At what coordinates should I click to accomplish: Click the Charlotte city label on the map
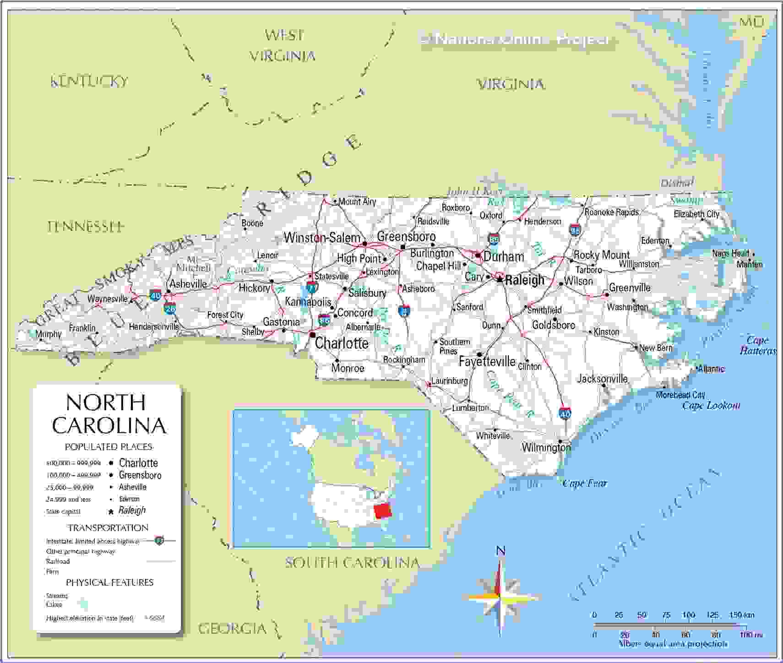point(342,343)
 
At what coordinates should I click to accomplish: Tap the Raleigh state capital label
point(525,280)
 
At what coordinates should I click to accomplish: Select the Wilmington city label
point(546,447)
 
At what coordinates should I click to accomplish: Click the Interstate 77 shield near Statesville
point(312,288)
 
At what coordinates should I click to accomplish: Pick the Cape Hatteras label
point(758,346)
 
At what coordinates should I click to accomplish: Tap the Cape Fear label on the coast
point(585,483)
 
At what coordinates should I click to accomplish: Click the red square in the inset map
point(383,511)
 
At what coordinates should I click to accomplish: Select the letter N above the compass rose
point(501,551)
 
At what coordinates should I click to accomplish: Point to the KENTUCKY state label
point(89,82)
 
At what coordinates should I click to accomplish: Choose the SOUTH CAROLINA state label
point(352,562)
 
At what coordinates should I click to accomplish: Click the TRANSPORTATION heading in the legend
point(108,527)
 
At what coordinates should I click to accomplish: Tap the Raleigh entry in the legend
point(132,510)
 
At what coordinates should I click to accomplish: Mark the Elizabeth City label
point(696,214)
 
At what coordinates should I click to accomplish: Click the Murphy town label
point(48,334)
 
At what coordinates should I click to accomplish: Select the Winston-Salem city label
point(322,238)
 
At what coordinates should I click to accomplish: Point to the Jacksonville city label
point(602,379)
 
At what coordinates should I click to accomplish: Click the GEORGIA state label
point(232,628)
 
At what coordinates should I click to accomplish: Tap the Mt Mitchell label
point(193,264)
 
